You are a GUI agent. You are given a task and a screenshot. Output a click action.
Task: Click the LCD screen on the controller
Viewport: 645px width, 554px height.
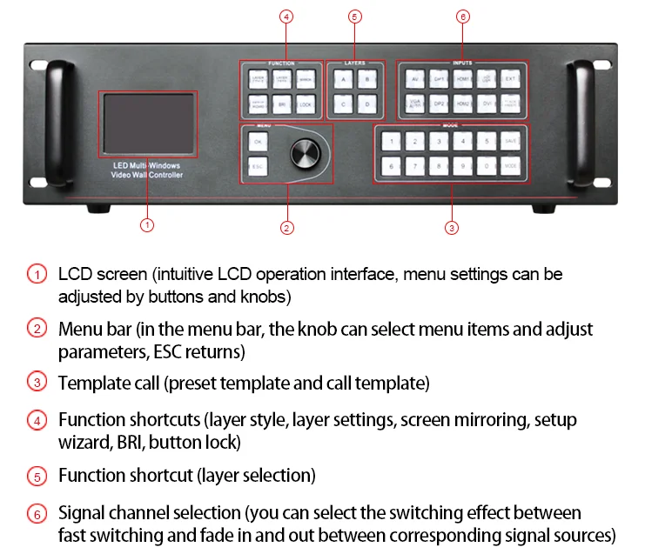point(147,124)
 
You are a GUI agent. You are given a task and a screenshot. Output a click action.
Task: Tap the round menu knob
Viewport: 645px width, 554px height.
point(304,153)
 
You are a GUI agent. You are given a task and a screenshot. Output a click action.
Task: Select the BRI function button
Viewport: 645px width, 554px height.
point(281,103)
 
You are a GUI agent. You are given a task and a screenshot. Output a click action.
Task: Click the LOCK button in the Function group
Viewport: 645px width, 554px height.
point(304,103)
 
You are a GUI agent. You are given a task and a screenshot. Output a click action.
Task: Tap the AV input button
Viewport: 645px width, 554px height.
point(415,78)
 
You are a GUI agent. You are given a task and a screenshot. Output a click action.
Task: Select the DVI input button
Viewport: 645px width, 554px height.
point(487,103)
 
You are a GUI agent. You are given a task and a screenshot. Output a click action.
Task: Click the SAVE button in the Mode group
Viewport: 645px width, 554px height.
point(511,140)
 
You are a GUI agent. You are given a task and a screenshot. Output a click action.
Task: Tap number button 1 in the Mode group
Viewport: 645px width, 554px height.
point(393,140)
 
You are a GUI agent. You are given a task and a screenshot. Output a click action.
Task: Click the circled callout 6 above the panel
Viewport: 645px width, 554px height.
point(462,17)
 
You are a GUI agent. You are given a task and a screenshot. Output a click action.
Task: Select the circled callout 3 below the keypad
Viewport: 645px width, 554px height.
point(451,228)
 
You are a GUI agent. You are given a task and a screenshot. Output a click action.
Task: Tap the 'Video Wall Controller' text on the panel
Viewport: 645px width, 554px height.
point(147,177)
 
